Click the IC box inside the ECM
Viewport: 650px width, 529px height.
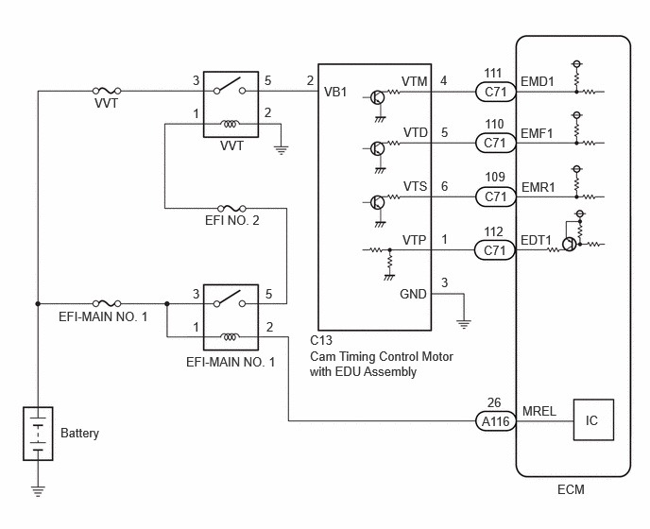pos(593,419)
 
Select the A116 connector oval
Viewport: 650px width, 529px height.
pos(495,421)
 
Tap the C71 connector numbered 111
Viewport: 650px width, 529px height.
pos(495,92)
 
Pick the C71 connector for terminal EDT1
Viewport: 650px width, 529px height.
pos(495,250)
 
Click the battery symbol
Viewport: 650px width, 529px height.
pos(38,434)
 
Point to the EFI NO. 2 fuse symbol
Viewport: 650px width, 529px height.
pos(231,208)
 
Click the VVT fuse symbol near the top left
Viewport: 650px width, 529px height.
pos(107,91)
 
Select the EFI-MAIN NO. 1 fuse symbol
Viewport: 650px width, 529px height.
pos(107,303)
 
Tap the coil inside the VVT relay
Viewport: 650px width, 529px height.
pos(230,124)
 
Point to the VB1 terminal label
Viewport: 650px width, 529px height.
pos(335,92)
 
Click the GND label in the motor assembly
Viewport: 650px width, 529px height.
pos(413,294)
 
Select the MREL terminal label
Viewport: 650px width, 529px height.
pos(539,411)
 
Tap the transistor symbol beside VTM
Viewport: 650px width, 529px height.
pos(377,97)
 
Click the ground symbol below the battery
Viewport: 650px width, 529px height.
pos(38,491)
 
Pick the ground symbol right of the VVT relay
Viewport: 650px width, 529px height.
pos(281,149)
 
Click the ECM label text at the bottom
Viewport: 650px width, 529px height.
pos(571,489)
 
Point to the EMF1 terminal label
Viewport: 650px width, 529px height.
pos(537,133)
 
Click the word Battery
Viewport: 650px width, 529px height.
pos(79,434)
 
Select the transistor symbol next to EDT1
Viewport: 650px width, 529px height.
pos(570,244)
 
